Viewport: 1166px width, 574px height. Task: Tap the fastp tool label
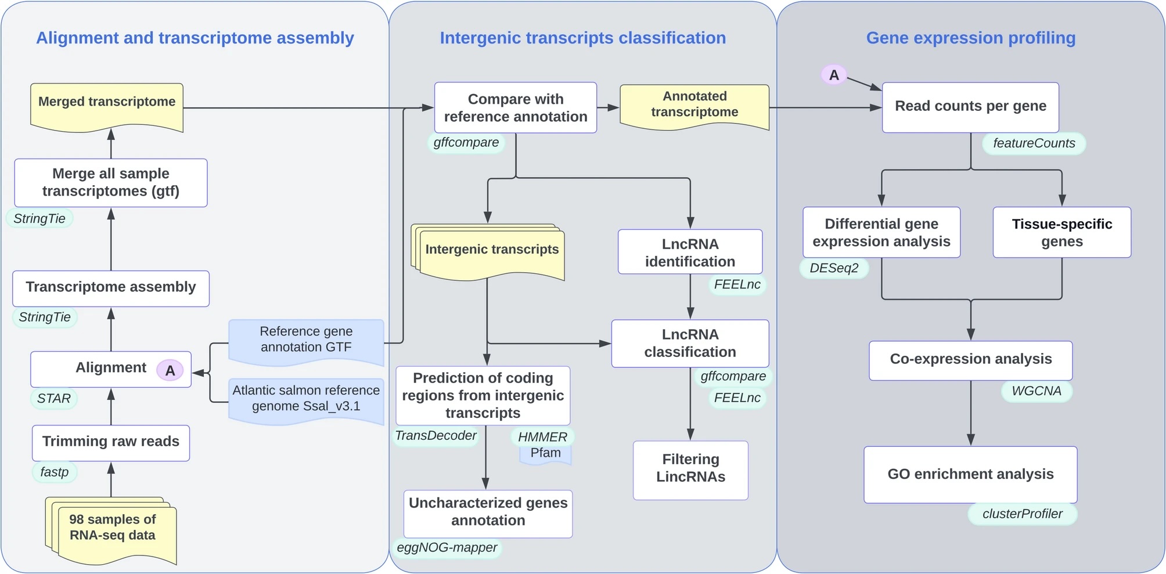pyautogui.click(x=55, y=472)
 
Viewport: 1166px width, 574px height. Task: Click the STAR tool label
pyautogui.click(x=53, y=398)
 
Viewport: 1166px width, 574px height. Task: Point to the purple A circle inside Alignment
pyautogui.click(x=170, y=370)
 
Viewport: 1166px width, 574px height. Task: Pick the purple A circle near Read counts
pyautogui.click(x=834, y=75)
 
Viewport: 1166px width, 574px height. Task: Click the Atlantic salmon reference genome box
pyautogui.click(x=306, y=400)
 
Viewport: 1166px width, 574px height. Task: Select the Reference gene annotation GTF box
pyautogui.click(x=306, y=341)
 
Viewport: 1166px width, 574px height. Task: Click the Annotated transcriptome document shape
pyautogui.click(x=694, y=106)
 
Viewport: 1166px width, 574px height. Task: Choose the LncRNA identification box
pyautogui.click(x=690, y=252)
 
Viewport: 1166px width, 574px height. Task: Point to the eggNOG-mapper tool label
pyautogui.click(x=447, y=547)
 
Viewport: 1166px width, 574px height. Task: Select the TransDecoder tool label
pyautogui.click(x=436, y=435)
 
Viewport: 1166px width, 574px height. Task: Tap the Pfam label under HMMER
pyautogui.click(x=546, y=454)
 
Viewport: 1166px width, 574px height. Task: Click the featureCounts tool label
pyautogui.click(x=1034, y=143)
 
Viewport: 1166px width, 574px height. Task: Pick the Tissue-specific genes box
pyautogui.click(x=1061, y=232)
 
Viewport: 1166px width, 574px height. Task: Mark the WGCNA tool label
pyautogui.click(x=1037, y=391)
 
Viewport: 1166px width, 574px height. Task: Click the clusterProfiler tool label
pyautogui.click(x=1022, y=514)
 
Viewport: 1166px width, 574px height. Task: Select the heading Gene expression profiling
pyautogui.click(x=970, y=38)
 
